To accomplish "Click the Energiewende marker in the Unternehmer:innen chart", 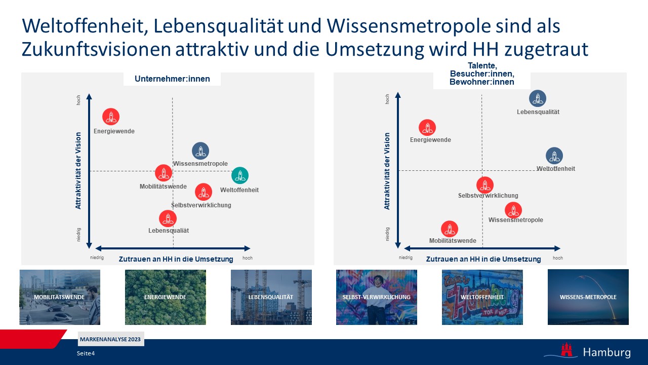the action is coord(111,117).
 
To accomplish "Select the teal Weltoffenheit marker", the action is coord(240,175).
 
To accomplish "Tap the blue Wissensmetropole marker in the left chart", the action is coord(200,151).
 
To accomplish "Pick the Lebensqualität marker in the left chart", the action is coord(168,218).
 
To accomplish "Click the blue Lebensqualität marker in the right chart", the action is coord(538,98).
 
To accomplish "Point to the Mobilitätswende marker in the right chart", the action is coord(449,229).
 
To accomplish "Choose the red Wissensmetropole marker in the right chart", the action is coord(513,210).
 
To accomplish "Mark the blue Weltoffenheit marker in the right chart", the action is coord(554,156).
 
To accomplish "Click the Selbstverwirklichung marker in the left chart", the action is coord(204,192).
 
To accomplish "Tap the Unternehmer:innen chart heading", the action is coord(172,79).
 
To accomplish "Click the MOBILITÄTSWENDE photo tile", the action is coord(60,297).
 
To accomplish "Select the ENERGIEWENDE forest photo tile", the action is coord(166,297).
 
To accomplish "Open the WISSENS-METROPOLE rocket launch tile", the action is coord(588,297).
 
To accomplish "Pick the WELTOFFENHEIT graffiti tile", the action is coord(482,297).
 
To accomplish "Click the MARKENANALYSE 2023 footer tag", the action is coord(111,339).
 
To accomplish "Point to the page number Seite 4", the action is coord(86,353).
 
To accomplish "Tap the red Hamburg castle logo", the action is coord(566,350).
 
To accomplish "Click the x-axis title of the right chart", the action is coord(483,259).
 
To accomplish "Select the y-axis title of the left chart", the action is coord(78,171).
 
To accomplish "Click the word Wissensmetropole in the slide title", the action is coord(409,26).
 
